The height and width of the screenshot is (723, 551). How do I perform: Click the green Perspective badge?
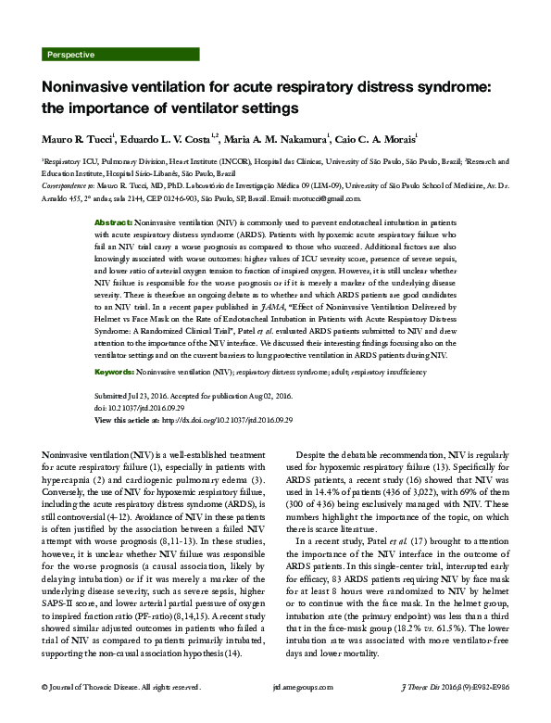pyautogui.click(x=71, y=55)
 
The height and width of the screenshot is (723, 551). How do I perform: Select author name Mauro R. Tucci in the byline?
pyautogui.click(x=78, y=138)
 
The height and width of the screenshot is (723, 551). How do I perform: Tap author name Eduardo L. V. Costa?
pyautogui.click(x=170, y=138)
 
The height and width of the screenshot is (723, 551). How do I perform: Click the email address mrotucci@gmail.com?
pyautogui.click(x=324, y=198)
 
